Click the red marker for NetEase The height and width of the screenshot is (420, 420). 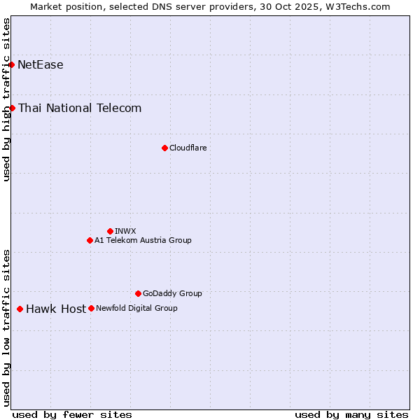pos(12,65)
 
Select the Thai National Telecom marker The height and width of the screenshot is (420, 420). pos(13,108)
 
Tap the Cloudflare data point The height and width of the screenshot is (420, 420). pos(164,148)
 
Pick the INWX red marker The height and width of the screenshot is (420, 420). pos(110,231)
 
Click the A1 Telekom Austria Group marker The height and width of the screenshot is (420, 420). pos(90,240)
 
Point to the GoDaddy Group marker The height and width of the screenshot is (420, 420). pos(138,293)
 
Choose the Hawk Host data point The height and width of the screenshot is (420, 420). pos(20,309)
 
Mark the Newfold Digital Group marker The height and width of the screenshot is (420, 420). pos(91,308)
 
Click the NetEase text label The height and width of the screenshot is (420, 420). pos(41,65)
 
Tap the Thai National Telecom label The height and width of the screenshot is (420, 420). pos(80,108)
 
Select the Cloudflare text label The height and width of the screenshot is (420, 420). pos(188,148)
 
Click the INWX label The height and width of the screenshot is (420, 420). pos(125,231)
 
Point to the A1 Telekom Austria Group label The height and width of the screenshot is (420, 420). pos(143,240)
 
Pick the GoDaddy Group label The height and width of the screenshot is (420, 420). pos(172,293)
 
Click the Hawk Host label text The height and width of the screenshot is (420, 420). pos(56,309)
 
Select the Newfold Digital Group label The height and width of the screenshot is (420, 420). pos(136,308)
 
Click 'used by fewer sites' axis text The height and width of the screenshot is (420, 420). pos(72,414)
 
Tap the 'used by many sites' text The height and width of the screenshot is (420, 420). pos(351,414)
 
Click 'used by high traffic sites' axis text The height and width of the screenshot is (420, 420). pos(7,99)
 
